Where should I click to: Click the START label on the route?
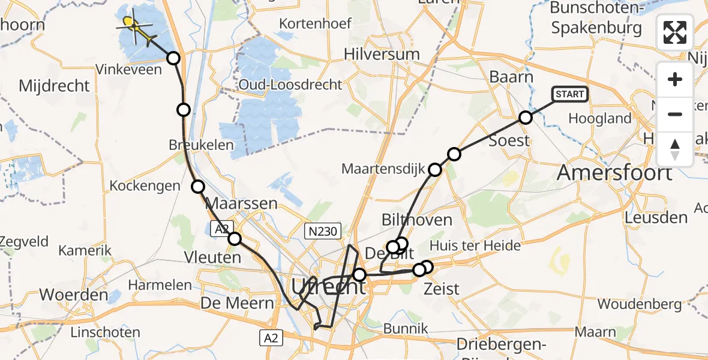click(x=569, y=94)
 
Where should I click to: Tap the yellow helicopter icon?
click(x=131, y=24)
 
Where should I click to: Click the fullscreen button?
click(x=675, y=32)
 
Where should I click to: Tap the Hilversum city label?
click(x=382, y=54)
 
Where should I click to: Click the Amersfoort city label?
click(x=614, y=173)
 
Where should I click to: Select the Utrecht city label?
click(x=328, y=287)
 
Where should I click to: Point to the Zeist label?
click(x=442, y=289)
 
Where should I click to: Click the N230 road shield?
click(x=322, y=230)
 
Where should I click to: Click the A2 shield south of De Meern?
click(x=271, y=338)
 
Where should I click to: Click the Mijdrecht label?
click(x=54, y=86)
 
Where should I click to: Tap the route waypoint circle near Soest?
click(x=526, y=118)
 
